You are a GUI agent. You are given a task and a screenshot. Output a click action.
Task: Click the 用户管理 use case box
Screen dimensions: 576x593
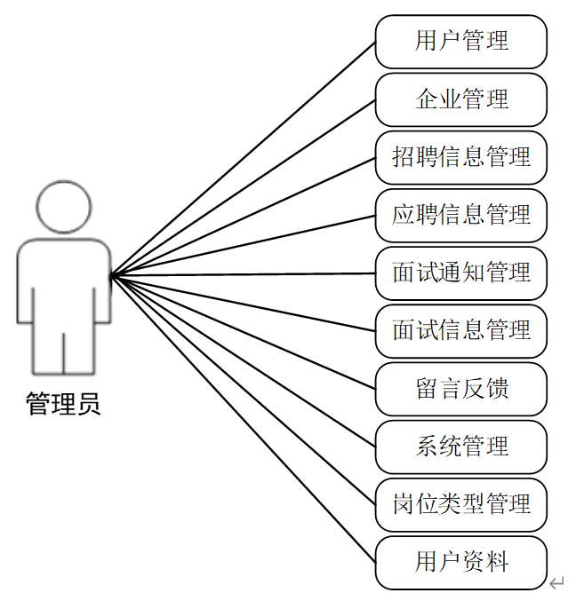click(460, 41)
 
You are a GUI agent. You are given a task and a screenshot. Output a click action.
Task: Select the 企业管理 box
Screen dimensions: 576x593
click(460, 99)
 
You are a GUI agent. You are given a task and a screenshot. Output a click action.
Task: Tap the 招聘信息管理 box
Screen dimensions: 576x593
click(460, 157)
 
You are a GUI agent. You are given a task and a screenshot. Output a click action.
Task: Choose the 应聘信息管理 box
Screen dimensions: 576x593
click(460, 215)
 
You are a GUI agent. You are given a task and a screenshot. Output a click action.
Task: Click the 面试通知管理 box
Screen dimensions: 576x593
click(460, 273)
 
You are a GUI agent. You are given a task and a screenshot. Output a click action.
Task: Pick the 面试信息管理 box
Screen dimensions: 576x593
click(460, 331)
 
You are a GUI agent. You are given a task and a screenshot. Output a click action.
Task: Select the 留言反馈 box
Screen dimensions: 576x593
click(460, 389)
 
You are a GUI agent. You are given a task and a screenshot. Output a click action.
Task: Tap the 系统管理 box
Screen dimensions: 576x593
click(460, 447)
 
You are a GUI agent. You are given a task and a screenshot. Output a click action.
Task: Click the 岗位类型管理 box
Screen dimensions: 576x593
click(460, 504)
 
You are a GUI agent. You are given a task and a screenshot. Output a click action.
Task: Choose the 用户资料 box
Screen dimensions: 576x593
click(460, 562)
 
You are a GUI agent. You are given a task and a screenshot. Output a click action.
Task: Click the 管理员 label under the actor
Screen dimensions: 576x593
click(63, 405)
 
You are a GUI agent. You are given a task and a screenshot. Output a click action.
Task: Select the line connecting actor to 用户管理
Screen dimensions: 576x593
click(243, 159)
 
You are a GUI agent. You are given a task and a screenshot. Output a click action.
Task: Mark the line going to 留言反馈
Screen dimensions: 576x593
click(243, 332)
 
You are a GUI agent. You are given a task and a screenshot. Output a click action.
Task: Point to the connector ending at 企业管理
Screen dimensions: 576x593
click(243, 187)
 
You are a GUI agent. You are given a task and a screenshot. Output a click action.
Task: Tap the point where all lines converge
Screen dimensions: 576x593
click(113, 275)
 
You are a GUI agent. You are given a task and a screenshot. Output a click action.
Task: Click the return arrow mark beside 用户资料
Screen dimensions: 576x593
click(557, 582)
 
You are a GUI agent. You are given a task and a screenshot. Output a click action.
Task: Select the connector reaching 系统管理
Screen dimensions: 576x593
click(243, 360)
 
